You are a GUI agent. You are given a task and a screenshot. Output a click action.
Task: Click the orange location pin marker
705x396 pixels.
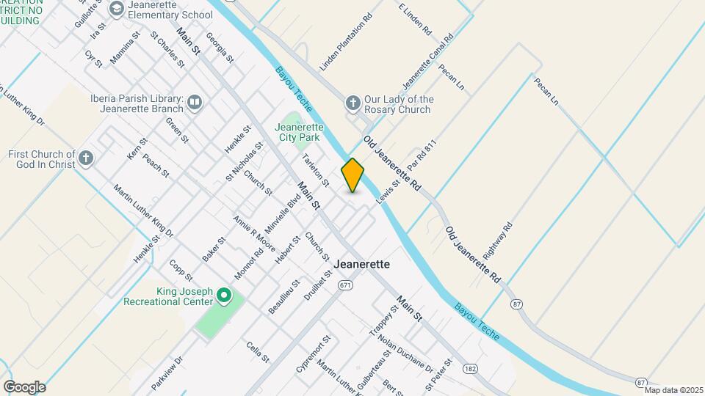click(x=352, y=175)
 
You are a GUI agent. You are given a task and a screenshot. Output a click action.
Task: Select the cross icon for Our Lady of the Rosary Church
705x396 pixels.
click(x=353, y=103)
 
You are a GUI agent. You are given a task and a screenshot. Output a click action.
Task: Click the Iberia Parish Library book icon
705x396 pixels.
click(x=195, y=103)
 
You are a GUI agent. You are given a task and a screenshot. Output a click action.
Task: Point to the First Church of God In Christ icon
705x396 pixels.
click(x=87, y=158)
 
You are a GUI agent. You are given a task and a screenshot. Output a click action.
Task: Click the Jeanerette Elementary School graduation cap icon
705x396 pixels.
click(x=116, y=9)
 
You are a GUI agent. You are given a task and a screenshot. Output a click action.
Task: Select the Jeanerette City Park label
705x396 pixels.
click(x=297, y=131)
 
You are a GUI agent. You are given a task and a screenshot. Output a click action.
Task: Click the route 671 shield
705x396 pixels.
click(x=345, y=285)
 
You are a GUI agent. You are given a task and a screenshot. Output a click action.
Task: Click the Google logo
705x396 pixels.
click(x=24, y=386)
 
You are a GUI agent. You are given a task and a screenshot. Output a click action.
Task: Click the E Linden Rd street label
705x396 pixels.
click(x=415, y=19)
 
